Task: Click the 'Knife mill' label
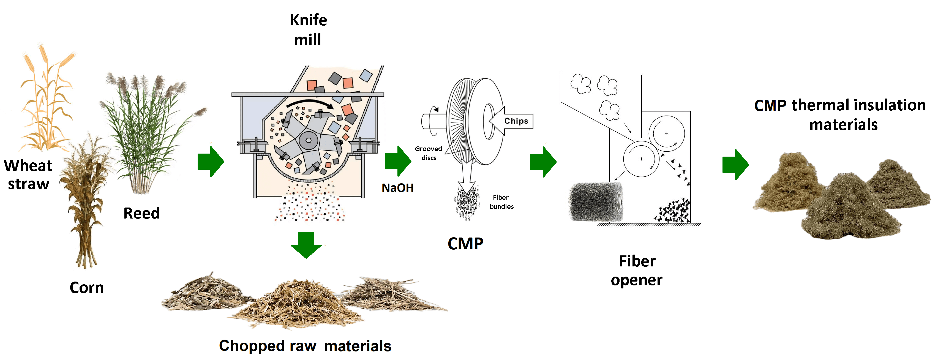point(308,30)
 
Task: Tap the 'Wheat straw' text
point(28,175)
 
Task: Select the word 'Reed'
point(141,213)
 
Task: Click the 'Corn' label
point(87,288)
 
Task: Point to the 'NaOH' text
point(397,188)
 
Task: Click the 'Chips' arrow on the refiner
point(512,121)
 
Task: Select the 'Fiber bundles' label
point(501,202)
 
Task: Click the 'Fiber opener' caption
point(637,271)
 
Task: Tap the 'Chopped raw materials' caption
point(305,346)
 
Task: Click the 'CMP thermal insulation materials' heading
point(840,115)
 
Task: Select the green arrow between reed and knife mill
point(211,162)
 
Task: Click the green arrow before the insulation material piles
point(735,165)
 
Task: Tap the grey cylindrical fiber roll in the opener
point(595,202)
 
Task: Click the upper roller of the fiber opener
point(666,133)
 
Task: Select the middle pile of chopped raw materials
point(297,304)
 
